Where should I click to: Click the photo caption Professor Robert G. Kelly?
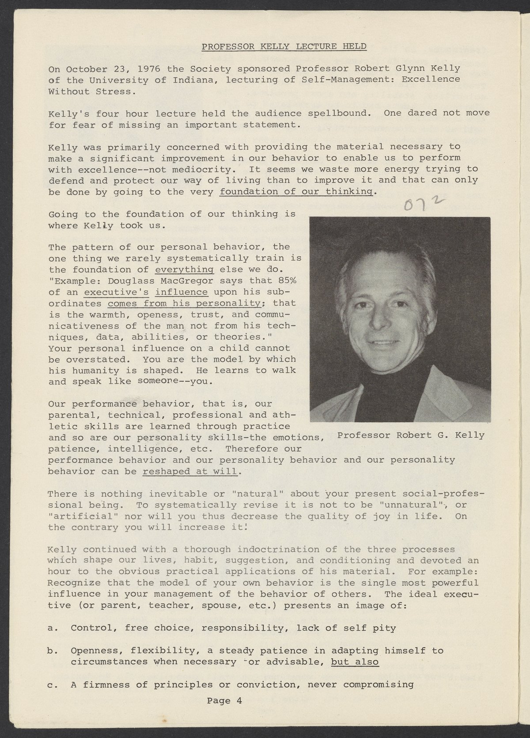410,435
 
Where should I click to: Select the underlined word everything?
185,269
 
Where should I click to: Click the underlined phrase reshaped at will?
190,471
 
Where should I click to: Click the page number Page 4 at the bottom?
224,700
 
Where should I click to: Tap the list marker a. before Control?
53,628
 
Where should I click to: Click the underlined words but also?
355,662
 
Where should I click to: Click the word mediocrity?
207,170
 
